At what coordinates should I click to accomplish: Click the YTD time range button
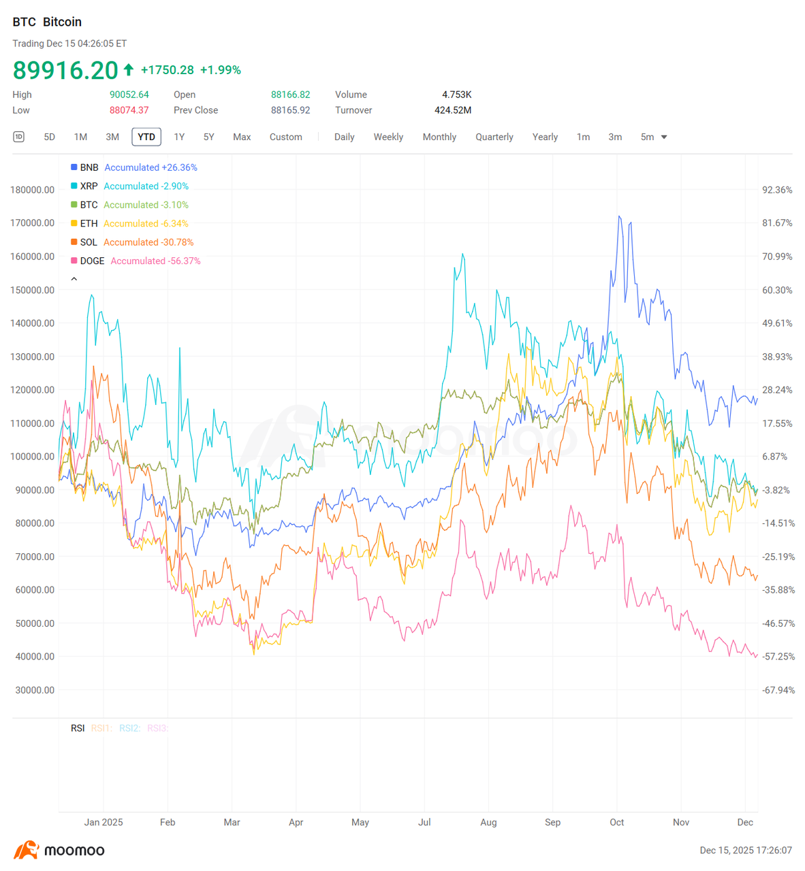[146, 137]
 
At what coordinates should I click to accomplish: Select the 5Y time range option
[209, 137]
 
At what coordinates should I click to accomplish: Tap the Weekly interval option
[388, 137]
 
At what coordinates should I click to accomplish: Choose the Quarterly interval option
[494, 137]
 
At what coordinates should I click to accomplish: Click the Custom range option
[285, 137]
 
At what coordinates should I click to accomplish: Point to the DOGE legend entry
[92, 261]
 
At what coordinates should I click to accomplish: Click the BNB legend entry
[89, 167]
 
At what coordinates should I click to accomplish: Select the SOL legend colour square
[74, 242]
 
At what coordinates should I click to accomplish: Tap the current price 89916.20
[65, 70]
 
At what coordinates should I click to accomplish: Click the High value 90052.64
[129, 95]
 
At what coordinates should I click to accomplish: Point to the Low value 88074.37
[129, 110]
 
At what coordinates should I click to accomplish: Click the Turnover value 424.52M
[453, 110]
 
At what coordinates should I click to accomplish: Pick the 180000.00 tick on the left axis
[33, 190]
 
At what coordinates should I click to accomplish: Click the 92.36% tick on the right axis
[777, 190]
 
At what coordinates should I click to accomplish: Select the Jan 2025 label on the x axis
[104, 822]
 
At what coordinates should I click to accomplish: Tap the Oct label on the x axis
[616, 822]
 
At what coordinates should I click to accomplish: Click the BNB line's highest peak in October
[619, 216]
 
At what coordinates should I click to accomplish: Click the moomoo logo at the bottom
[59, 850]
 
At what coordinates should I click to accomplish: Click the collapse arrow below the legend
[74, 279]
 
